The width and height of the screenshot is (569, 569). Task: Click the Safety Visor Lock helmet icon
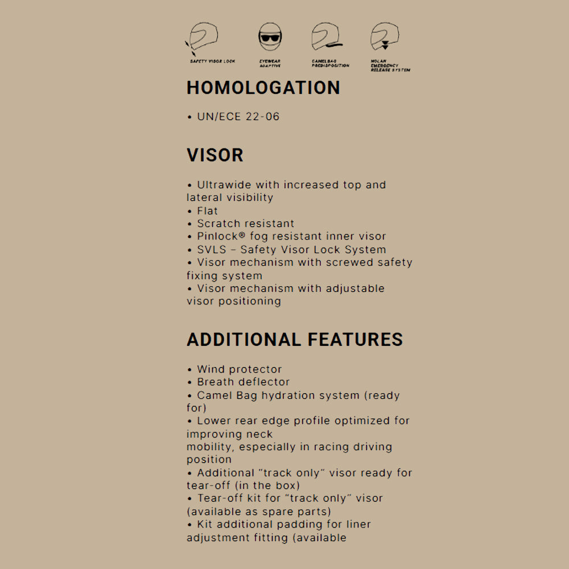tap(204, 38)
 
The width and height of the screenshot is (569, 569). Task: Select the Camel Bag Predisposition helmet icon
tap(327, 38)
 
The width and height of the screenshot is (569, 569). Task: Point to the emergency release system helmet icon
tap(385, 38)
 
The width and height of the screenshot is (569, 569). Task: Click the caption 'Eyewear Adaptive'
tap(270, 63)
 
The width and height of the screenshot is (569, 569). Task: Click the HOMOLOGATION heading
tap(263, 88)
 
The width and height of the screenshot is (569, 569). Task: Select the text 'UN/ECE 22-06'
tap(238, 117)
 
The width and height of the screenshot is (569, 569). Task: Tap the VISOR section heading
tap(215, 155)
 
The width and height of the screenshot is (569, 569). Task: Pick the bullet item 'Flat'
tap(207, 211)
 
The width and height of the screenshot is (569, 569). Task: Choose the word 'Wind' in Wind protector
tap(211, 369)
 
